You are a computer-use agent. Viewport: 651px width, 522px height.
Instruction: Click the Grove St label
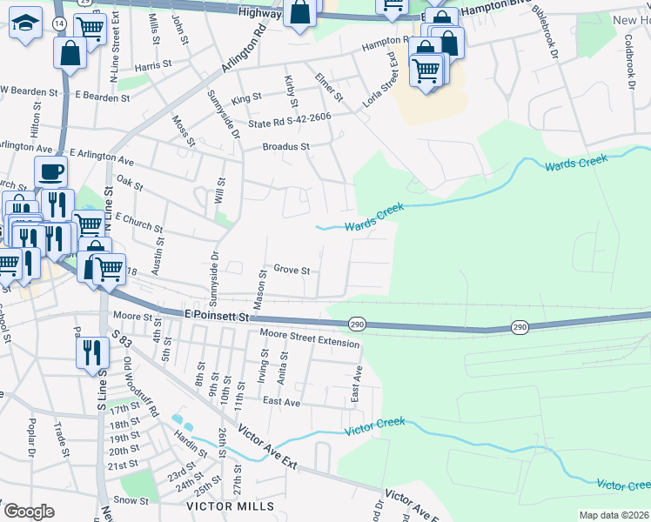292,271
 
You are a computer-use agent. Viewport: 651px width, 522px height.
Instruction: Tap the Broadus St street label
286,147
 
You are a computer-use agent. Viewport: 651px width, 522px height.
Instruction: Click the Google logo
30,511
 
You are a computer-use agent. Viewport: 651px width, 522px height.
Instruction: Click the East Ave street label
281,401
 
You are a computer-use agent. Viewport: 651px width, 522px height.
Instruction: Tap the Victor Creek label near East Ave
375,427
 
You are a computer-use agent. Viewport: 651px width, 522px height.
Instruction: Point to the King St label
246,100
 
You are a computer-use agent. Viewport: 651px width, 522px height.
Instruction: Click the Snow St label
132,500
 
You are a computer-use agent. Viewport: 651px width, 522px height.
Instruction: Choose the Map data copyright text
614,515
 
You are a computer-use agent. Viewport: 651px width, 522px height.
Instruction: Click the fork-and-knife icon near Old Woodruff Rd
89,351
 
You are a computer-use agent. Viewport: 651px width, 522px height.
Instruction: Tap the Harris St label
151,66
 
